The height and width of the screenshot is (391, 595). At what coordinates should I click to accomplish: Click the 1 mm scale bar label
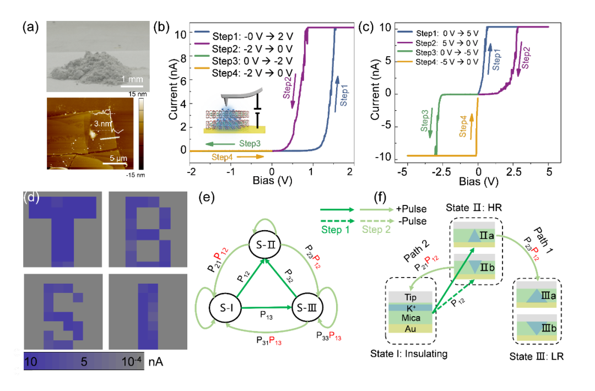[x=132, y=80]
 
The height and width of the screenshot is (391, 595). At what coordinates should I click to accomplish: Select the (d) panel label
[x=31, y=197]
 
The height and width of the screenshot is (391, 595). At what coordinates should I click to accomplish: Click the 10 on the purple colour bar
[x=30, y=362]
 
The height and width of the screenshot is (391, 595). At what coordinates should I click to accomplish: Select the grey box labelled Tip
[x=410, y=297]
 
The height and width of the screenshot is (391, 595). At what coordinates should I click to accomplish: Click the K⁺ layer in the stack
[x=410, y=308]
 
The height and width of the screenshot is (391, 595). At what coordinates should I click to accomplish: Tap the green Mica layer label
[x=410, y=318]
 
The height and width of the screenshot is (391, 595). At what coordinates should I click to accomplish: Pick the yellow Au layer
[x=410, y=328]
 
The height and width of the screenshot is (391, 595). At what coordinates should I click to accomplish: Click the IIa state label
[x=485, y=236]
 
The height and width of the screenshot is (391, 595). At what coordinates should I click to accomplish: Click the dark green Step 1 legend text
[x=335, y=230]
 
